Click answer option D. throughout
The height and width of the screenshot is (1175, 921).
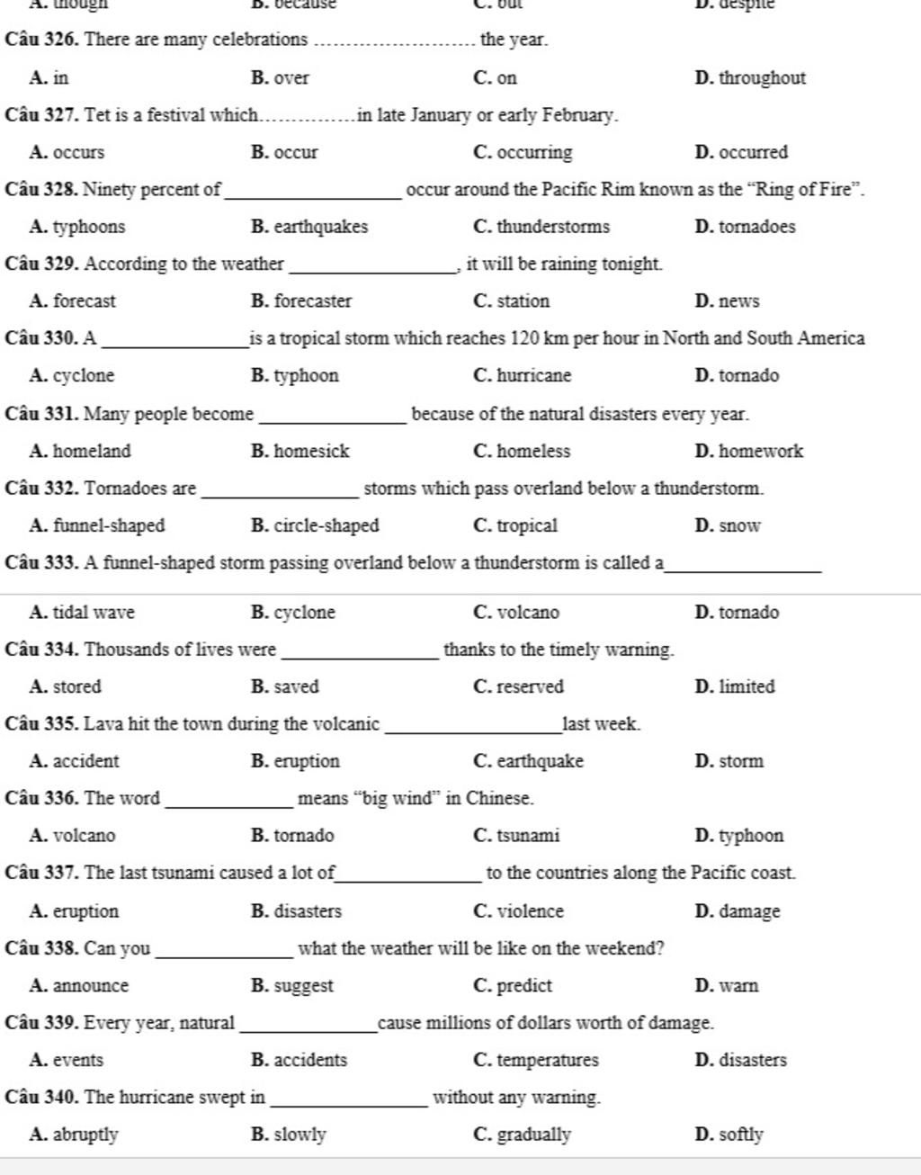pos(750,78)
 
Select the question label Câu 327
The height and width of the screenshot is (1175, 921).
pos(41,115)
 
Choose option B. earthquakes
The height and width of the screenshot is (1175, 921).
pos(309,227)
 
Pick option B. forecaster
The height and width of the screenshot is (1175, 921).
pos(301,301)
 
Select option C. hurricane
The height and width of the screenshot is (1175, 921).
pos(523,376)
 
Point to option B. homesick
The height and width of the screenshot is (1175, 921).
pos(300,452)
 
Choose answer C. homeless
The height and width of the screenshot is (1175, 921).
pos(522,452)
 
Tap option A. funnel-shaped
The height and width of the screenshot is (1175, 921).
pos(97,525)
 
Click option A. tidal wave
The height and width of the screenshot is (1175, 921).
pos(82,613)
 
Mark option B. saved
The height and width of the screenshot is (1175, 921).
pos(285,686)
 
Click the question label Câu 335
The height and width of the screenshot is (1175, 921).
pos(41,724)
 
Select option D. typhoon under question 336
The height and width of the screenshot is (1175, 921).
pos(739,836)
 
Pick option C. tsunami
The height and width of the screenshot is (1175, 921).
pos(516,836)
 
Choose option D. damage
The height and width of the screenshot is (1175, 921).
pos(738,911)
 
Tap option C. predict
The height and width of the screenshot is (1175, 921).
pos(513,986)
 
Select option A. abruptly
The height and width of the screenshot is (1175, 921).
pos(74,1135)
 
